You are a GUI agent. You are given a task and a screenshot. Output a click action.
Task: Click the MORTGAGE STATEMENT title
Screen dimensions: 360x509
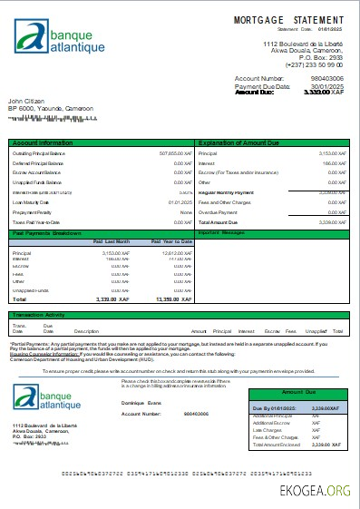[x=290, y=19]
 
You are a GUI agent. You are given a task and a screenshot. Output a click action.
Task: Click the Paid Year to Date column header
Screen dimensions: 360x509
[x=171, y=241]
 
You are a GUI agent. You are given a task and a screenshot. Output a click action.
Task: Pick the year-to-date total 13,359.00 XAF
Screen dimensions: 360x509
[x=170, y=298]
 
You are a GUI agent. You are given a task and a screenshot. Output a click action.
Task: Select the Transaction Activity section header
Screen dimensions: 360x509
[x=41, y=315]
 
